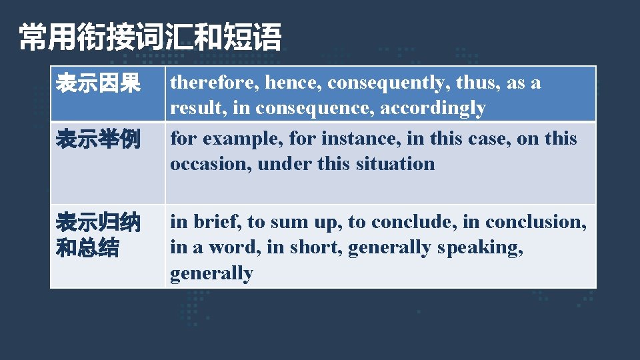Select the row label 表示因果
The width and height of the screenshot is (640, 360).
point(98,84)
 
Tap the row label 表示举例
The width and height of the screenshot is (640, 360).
point(98,140)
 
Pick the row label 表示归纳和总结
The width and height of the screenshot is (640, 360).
point(98,235)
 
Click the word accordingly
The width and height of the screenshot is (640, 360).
point(433,109)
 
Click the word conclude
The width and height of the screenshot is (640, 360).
point(406,221)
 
